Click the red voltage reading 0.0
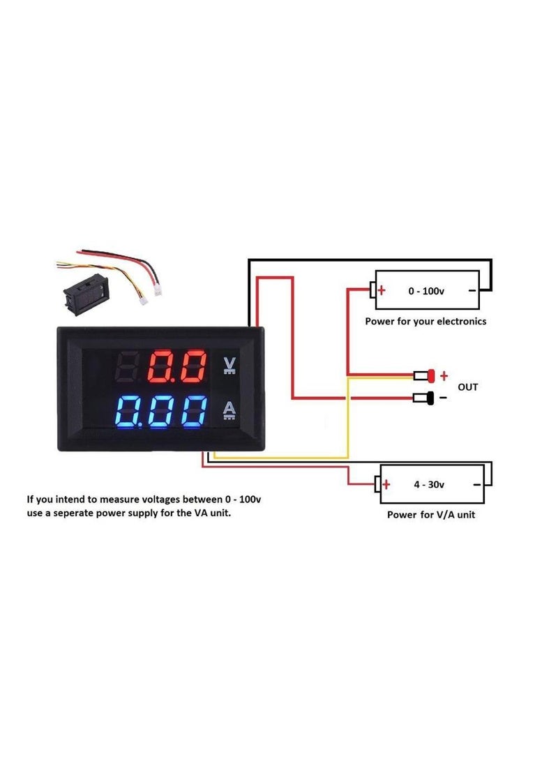click(x=178, y=366)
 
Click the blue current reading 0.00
click(x=160, y=412)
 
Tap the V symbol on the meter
click(x=229, y=365)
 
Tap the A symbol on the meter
click(x=229, y=411)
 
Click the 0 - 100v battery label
click(x=426, y=290)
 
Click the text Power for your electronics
click(x=425, y=322)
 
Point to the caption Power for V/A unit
click(x=432, y=515)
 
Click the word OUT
click(x=467, y=387)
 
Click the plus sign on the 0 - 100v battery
click(x=382, y=290)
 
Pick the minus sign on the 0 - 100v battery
click(x=472, y=290)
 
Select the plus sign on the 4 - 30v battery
click(x=386, y=484)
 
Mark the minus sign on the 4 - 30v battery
click(x=477, y=484)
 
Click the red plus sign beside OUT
click(x=444, y=375)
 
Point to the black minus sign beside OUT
click(x=443, y=398)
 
